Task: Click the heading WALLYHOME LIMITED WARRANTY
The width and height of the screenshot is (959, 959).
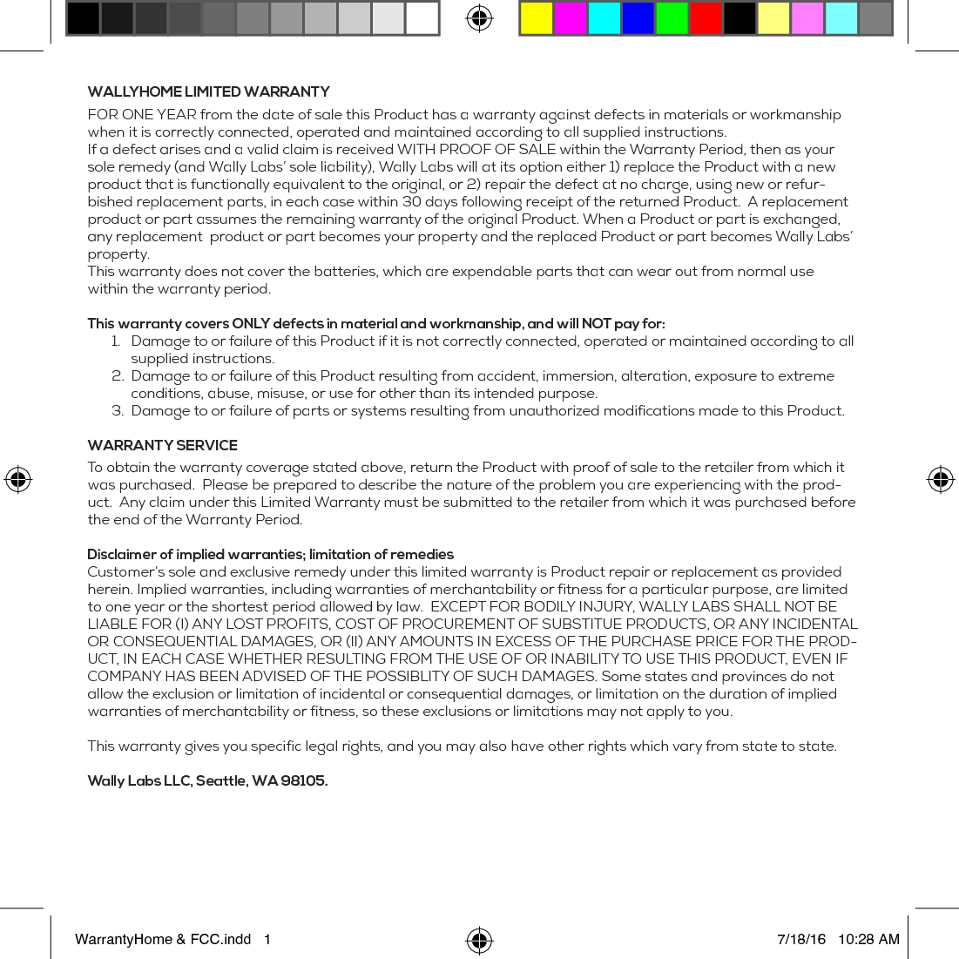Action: [208, 92]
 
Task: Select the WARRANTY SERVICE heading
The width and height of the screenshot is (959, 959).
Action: [162, 445]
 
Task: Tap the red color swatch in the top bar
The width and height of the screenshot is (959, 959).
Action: [706, 18]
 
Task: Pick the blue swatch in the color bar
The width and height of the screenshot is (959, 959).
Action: [638, 18]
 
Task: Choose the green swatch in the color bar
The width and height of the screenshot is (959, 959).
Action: [672, 18]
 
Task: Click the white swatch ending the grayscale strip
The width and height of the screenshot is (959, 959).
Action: [422, 18]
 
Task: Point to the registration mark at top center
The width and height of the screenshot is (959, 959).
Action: [479, 17]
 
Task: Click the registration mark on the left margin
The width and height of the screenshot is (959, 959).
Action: [17, 479]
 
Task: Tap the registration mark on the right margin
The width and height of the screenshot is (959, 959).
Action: [940, 479]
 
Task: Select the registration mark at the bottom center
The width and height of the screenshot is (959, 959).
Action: [479, 941]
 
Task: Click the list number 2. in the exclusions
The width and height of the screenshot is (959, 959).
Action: [118, 376]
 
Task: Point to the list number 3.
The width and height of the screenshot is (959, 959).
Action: [118, 411]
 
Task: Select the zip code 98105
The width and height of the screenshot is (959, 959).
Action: [303, 781]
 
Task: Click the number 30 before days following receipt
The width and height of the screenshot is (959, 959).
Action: [411, 202]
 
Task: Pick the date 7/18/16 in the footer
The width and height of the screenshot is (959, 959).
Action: [801, 939]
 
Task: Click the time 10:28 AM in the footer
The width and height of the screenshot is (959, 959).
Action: [868, 939]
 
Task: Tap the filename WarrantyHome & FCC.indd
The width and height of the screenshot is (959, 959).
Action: [163, 939]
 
